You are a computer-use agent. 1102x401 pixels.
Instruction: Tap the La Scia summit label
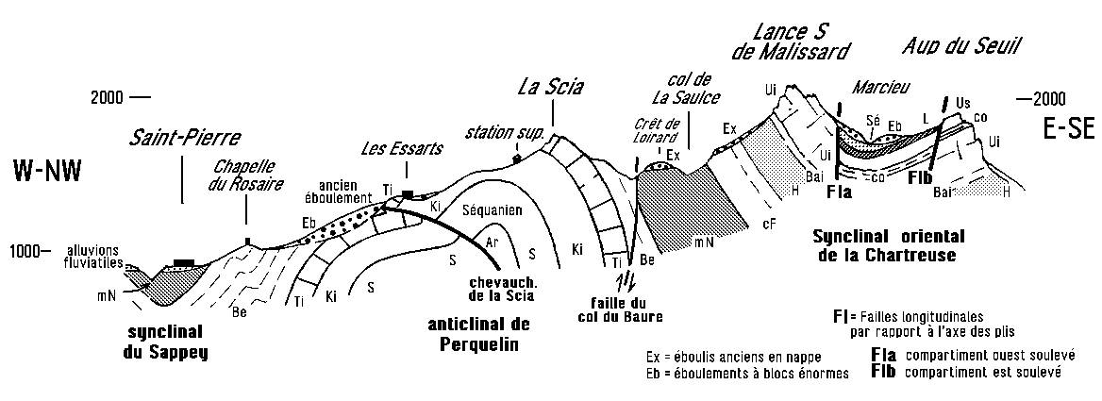[x=552, y=88]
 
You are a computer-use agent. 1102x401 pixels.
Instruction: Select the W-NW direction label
[x=47, y=171]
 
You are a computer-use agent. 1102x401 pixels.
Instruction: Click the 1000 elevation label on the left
[x=25, y=251]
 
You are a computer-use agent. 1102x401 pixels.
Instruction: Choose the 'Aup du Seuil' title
[x=962, y=44]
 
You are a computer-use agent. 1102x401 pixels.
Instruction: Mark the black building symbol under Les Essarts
[x=408, y=194]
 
